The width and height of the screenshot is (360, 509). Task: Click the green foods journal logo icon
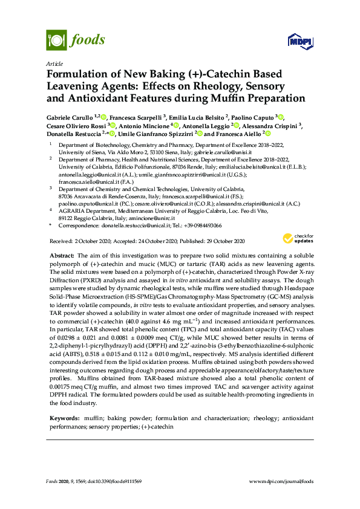[x=56, y=41]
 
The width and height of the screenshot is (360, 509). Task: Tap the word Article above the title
[x=54, y=63]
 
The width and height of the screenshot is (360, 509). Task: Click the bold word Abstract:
[x=62, y=256]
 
